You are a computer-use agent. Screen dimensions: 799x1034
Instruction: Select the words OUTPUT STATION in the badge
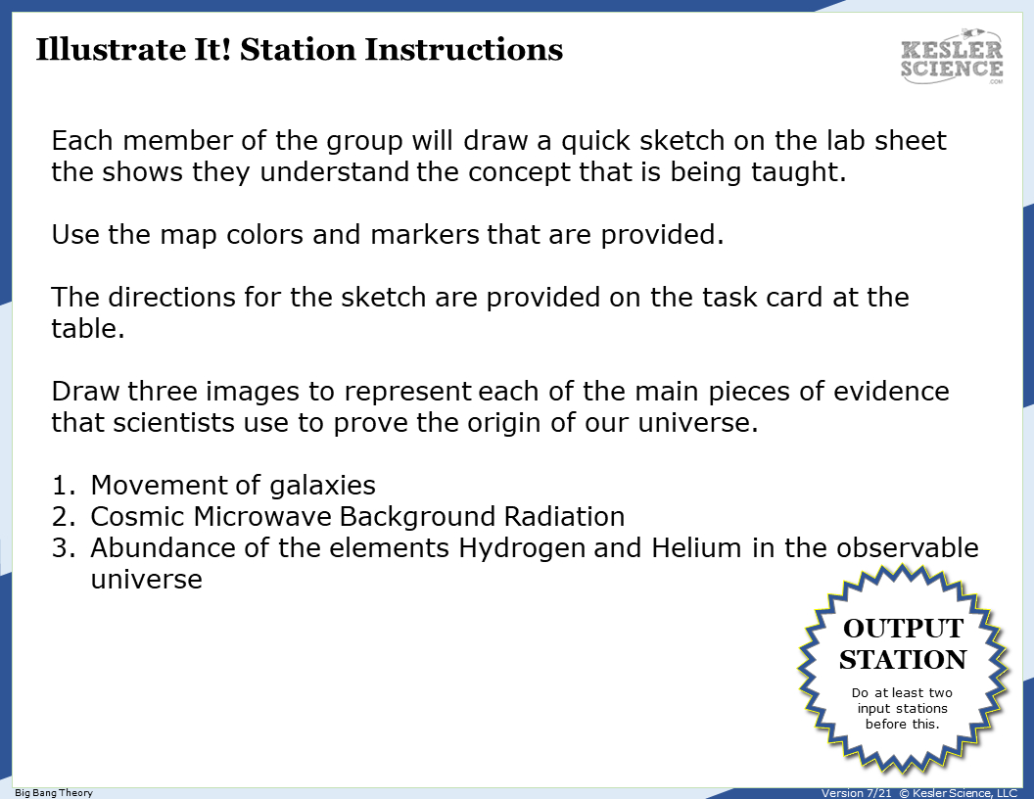(903, 643)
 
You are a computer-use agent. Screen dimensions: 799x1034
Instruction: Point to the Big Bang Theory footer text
(54, 792)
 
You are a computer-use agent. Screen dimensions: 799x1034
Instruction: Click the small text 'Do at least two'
(902, 693)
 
